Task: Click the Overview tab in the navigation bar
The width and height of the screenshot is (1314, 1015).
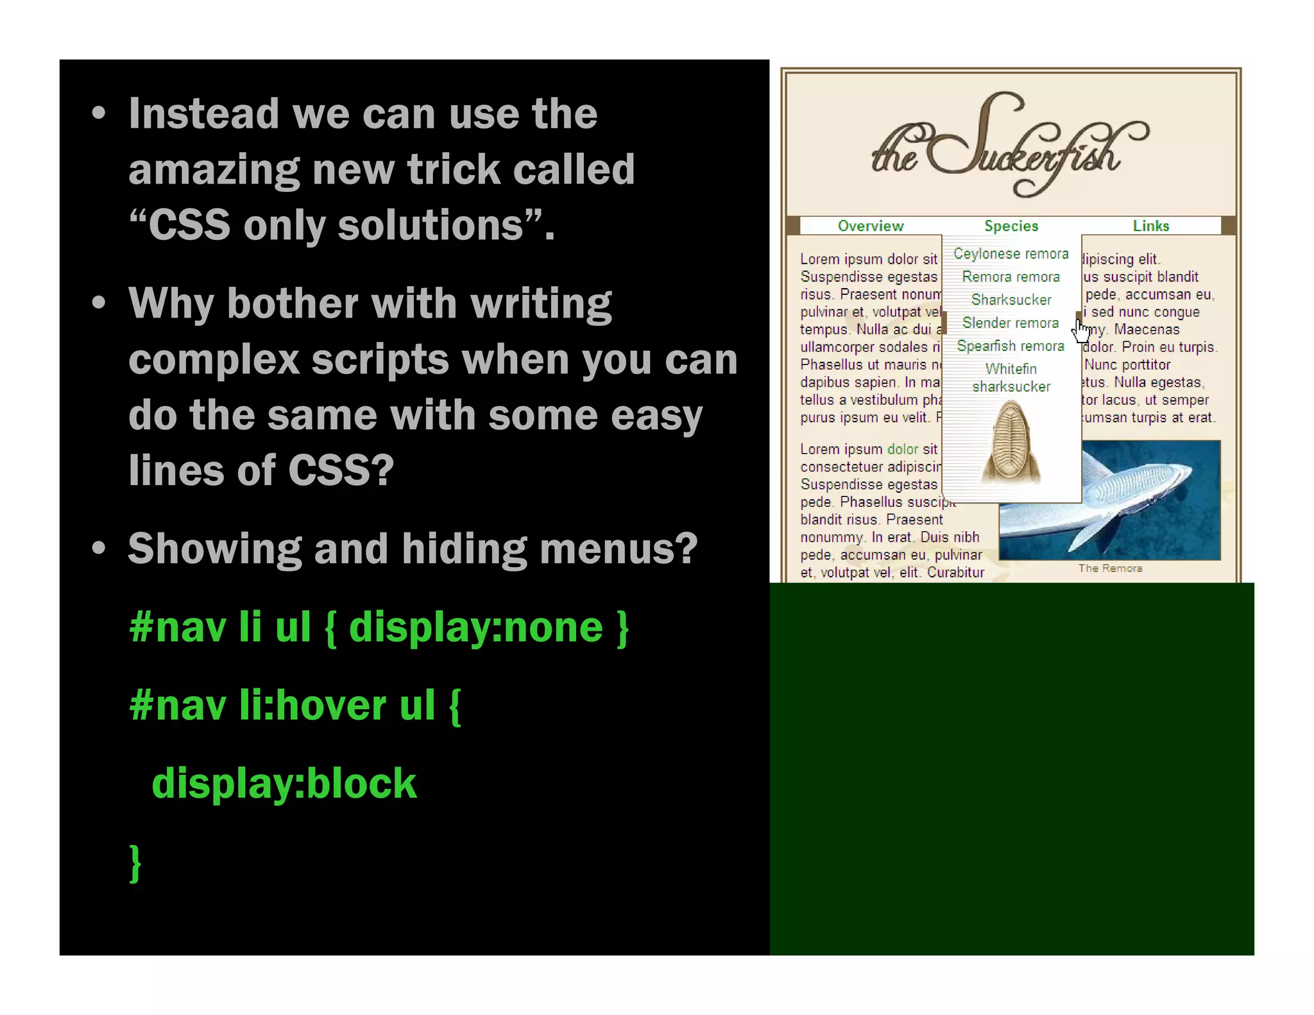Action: (x=870, y=226)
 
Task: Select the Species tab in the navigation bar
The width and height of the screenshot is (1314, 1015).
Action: (x=1011, y=226)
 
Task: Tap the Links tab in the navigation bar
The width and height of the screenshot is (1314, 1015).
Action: (x=1150, y=226)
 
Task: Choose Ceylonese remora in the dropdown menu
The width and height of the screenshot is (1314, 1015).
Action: (x=1011, y=254)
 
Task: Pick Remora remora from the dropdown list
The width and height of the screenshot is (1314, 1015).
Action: (x=1011, y=277)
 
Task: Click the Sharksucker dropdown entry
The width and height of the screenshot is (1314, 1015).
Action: (x=1011, y=300)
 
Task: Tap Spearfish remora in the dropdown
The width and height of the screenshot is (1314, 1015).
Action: (x=1011, y=346)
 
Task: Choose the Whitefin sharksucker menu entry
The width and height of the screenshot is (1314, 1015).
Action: (x=1011, y=378)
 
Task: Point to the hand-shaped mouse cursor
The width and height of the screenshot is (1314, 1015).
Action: (x=1082, y=332)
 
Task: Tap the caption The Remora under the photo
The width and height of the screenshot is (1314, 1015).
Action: (x=1110, y=568)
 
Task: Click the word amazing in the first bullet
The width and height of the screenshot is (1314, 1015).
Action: (x=214, y=170)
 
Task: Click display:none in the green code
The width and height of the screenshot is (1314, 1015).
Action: (x=475, y=627)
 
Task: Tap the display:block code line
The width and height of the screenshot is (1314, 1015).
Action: (x=284, y=784)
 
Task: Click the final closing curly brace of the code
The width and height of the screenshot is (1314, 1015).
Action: (x=135, y=863)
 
